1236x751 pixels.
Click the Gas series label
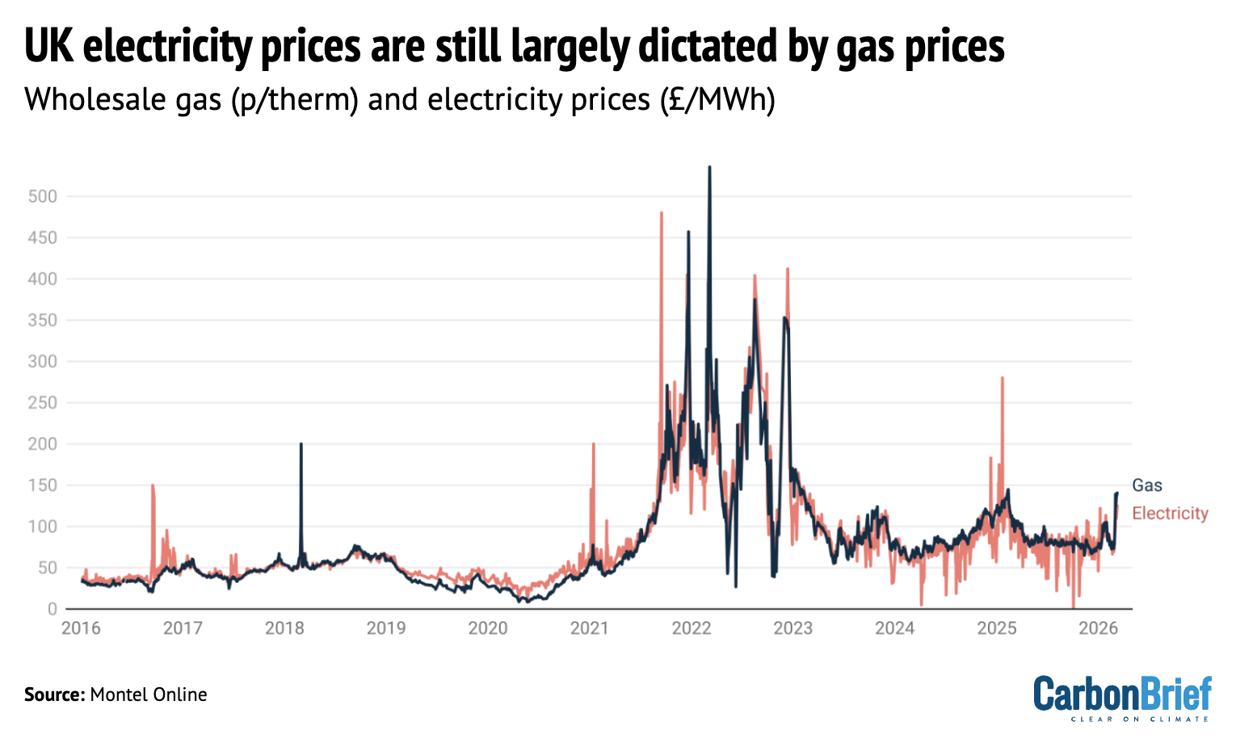coord(1146,485)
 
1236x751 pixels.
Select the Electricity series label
coord(1170,514)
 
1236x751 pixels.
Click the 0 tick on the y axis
coord(52,609)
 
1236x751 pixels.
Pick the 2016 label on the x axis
coord(81,628)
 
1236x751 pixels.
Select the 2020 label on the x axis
coord(488,628)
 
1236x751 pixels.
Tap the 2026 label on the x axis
coord(1098,628)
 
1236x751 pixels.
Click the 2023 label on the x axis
coord(792,628)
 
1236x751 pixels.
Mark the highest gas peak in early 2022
coord(709,167)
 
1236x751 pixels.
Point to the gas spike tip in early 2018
coord(301,443)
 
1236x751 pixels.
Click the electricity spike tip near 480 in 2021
coord(662,212)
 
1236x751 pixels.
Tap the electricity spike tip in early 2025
coord(1002,377)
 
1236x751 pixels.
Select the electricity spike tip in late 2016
coord(152,485)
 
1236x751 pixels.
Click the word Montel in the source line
coord(117,694)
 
